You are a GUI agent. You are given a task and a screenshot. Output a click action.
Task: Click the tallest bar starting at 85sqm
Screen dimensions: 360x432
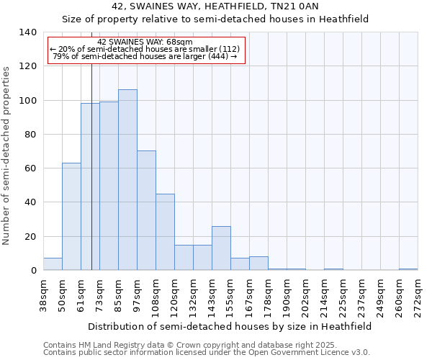pyautogui.click(x=127, y=180)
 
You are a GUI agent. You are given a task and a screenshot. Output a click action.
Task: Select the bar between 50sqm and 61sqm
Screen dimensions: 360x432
pyautogui.click(x=71, y=217)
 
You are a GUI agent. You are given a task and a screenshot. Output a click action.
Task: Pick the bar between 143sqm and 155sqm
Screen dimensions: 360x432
pyautogui.click(x=221, y=248)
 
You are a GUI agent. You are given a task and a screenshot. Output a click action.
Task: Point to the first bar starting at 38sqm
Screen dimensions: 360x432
pyautogui.click(x=53, y=264)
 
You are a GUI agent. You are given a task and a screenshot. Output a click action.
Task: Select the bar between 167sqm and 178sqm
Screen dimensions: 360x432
pyautogui.click(x=258, y=264)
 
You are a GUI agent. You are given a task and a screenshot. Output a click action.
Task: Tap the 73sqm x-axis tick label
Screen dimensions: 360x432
pyautogui.click(x=99, y=294)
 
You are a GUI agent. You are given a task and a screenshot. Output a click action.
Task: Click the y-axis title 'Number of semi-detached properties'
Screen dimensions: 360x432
pyautogui.click(x=7, y=156)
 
